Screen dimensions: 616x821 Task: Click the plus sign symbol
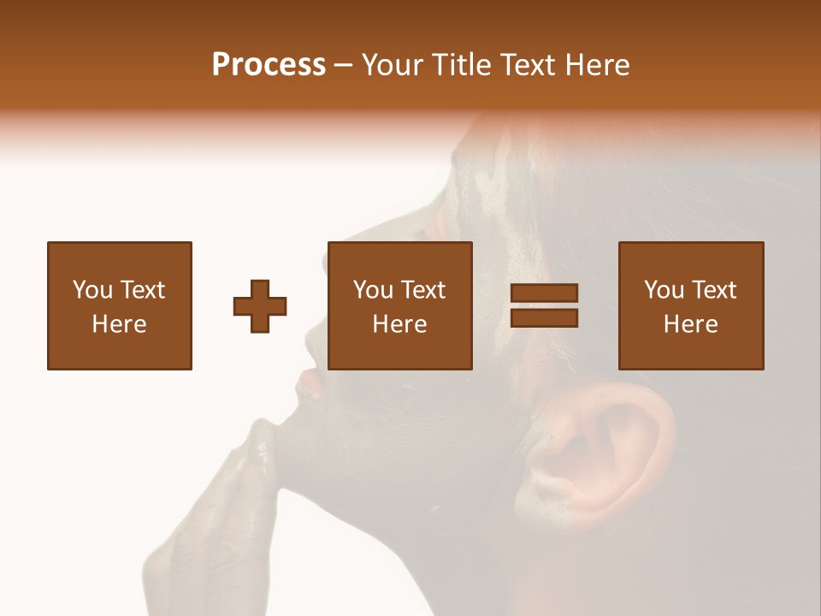pos(260,306)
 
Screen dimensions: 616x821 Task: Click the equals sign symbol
pos(544,306)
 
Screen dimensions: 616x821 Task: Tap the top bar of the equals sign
pos(544,293)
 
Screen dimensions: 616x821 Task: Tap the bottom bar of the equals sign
pos(544,318)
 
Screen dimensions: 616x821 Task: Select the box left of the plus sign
pos(120,306)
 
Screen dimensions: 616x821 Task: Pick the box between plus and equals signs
pos(400,306)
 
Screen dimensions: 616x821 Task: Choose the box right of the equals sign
pos(691,306)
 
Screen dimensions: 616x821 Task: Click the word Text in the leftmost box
pos(142,290)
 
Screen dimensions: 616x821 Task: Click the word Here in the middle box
pos(400,324)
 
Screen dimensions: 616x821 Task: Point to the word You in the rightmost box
pos(664,290)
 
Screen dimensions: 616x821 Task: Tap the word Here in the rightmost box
pos(691,324)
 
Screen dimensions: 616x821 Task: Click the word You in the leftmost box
pos(92,290)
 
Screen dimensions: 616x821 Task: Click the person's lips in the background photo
pos(310,381)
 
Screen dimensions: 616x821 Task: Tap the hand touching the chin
pos(222,513)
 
